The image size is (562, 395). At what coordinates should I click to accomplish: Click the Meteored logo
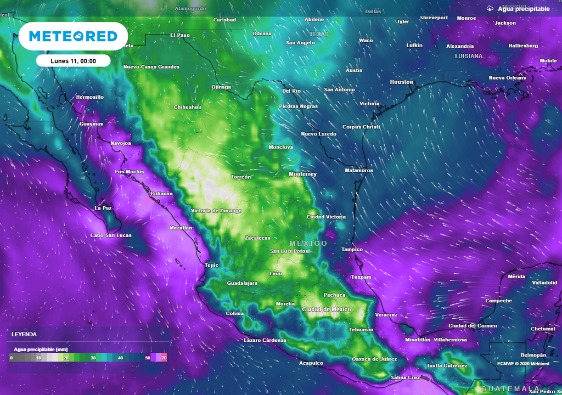click(73, 36)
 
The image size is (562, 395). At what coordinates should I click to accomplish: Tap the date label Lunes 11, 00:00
click(74, 61)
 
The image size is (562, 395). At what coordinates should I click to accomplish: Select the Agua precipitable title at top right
click(523, 9)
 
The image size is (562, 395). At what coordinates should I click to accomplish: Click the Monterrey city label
click(303, 174)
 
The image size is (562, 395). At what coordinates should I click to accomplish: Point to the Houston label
click(401, 82)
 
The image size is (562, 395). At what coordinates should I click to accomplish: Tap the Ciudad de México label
click(327, 309)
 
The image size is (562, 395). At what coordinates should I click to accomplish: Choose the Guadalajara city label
click(242, 283)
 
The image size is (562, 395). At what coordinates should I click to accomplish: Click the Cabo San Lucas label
click(111, 235)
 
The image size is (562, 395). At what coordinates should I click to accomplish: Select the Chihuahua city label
click(187, 107)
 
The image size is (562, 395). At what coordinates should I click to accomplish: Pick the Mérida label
click(516, 276)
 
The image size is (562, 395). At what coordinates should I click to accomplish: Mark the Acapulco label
click(311, 363)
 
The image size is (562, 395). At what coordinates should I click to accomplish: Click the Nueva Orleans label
click(507, 78)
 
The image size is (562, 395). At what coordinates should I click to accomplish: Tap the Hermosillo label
click(89, 97)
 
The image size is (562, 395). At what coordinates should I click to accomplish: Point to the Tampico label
click(352, 249)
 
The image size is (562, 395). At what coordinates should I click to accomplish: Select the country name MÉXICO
click(308, 243)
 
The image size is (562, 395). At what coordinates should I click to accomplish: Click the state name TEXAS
click(319, 34)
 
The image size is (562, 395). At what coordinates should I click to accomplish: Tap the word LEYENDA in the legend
click(24, 334)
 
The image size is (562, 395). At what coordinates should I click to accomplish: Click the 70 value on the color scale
click(164, 358)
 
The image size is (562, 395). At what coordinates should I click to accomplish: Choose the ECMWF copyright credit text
click(523, 363)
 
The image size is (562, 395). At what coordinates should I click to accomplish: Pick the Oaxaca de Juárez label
click(374, 359)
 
